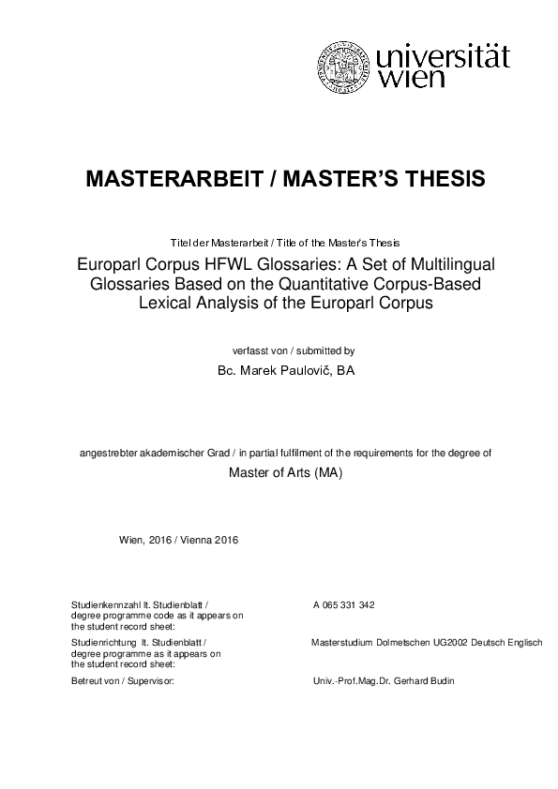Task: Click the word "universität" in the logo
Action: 443,56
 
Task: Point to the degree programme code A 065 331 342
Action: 344,605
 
